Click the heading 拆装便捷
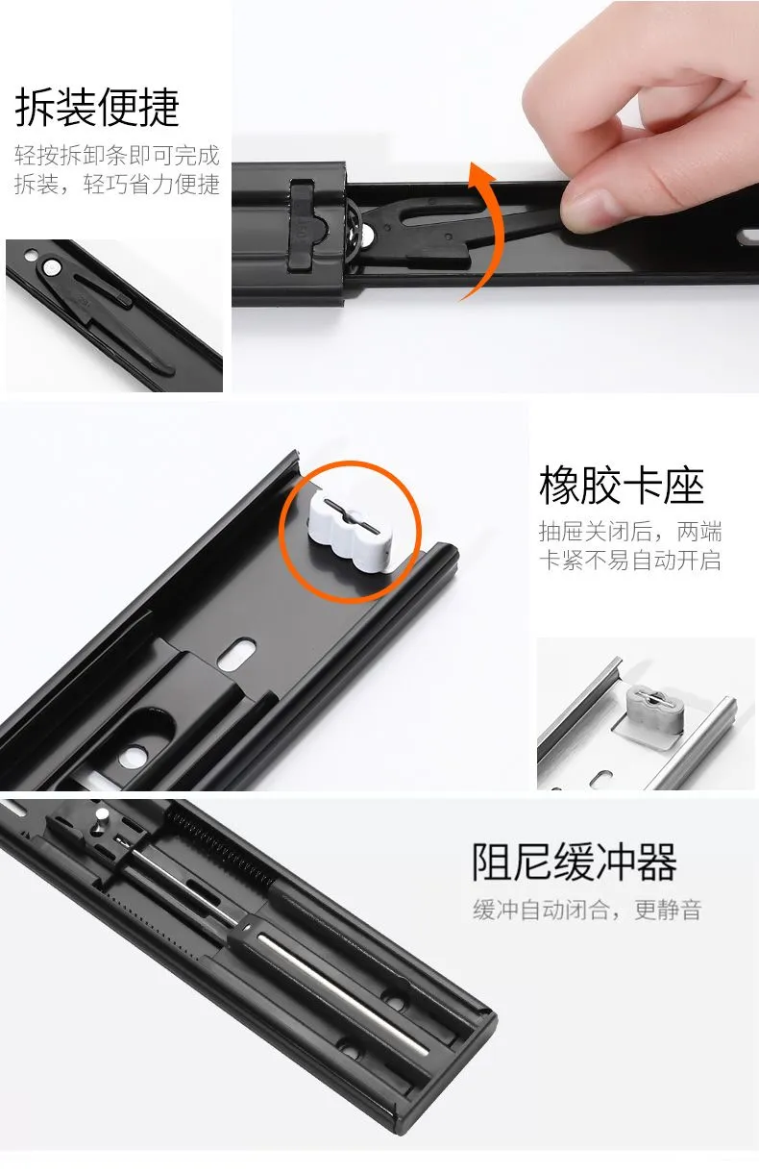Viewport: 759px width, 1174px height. pyautogui.click(x=97, y=107)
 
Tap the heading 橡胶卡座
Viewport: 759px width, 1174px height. pyautogui.click(x=622, y=486)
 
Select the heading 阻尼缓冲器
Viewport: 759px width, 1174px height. pyautogui.click(x=575, y=862)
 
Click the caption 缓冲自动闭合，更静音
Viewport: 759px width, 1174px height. pyautogui.click(x=587, y=910)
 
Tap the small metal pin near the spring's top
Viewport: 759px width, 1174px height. pyautogui.click(x=102, y=818)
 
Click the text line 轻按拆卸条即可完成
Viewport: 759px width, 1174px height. pyautogui.click(x=117, y=155)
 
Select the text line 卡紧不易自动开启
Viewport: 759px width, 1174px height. pyautogui.click(x=630, y=560)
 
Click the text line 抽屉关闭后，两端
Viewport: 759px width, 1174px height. pyautogui.click(x=630, y=532)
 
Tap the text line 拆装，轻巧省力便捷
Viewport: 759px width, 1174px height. pyautogui.click(x=117, y=185)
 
